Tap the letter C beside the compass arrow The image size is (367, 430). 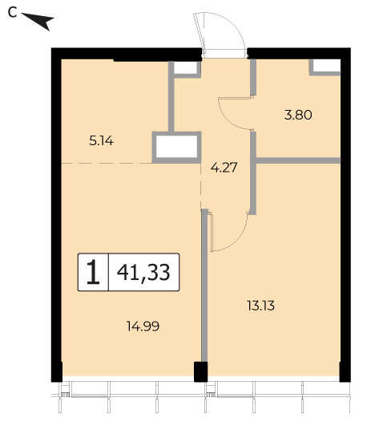[x=12, y=12]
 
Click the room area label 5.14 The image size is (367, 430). [x=101, y=141]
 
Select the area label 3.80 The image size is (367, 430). [x=298, y=115]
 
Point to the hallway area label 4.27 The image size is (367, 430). [x=224, y=168]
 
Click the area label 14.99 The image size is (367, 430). [x=143, y=327]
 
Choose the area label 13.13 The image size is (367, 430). [x=260, y=306]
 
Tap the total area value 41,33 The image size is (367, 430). [x=143, y=272]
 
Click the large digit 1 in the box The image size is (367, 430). [x=93, y=272]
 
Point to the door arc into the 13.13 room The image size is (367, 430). [x=238, y=242]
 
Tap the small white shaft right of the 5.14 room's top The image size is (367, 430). [x=185, y=67]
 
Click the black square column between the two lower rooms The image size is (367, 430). [x=201, y=371]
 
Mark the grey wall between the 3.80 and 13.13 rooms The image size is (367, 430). [x=298, y=160]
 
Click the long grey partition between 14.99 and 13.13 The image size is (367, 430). [x=204, y=286]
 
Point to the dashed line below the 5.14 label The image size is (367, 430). [x=107, y=163]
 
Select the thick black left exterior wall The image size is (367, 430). [x=56, y=215]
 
